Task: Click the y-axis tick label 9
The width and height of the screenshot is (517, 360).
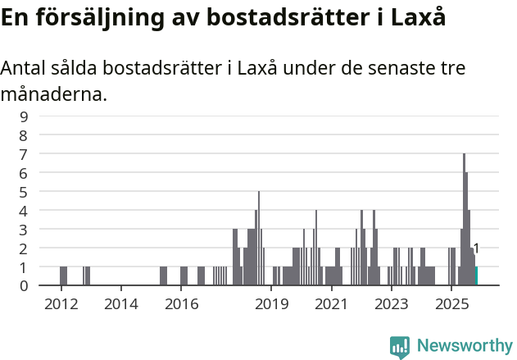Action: [24, 116]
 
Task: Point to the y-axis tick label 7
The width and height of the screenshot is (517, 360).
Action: [24, 154]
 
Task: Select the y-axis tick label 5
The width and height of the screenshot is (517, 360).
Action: [24, 192]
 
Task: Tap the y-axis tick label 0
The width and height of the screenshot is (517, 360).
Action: [24, 286]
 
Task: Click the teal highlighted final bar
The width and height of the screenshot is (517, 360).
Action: [476, 276]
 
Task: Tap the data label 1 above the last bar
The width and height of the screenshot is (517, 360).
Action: [476, 248]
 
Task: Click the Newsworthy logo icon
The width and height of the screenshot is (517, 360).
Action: [400, 346]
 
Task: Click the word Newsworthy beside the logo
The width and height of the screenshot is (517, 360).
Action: [465, 346]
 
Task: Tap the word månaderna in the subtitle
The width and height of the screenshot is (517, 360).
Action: [53, 95]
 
